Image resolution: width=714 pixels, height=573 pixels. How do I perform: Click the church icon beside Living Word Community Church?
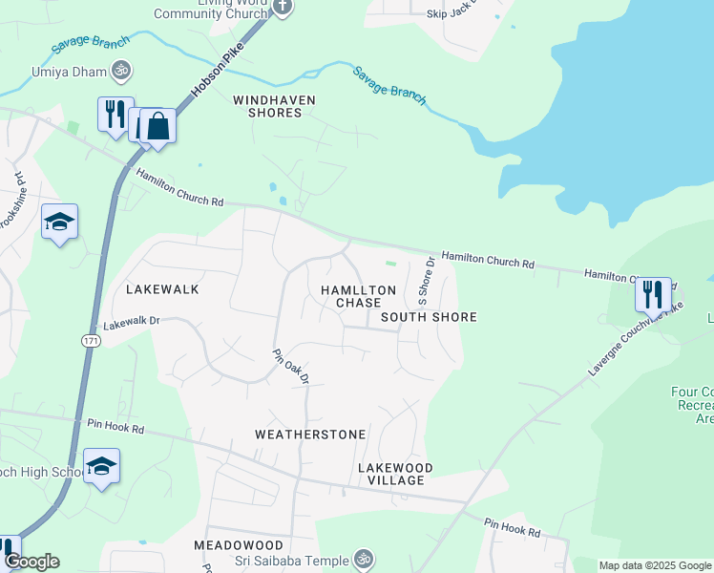tap(282, 7)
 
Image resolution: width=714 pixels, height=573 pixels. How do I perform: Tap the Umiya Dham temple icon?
tap(120, 70)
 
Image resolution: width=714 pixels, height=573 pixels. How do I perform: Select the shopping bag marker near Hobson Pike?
tap(158, 126)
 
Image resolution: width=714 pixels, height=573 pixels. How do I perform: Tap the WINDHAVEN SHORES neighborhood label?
tap(274, 106)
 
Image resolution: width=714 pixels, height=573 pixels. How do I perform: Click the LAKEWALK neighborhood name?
tap(162, 288)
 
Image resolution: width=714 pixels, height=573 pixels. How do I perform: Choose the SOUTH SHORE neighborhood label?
tap(429, 316)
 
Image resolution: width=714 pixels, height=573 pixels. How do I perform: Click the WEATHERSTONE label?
tap(310, 435)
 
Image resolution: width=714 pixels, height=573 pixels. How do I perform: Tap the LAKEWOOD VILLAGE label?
tap(395, 474)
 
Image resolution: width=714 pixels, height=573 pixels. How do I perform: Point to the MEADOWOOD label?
tap(239, 544)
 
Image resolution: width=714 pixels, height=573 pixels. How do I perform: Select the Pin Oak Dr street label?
tap(292, 366)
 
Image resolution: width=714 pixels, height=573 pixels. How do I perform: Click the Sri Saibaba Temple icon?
tap(362, 558)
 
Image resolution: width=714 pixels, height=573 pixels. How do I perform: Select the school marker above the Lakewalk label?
tap(59, 223)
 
